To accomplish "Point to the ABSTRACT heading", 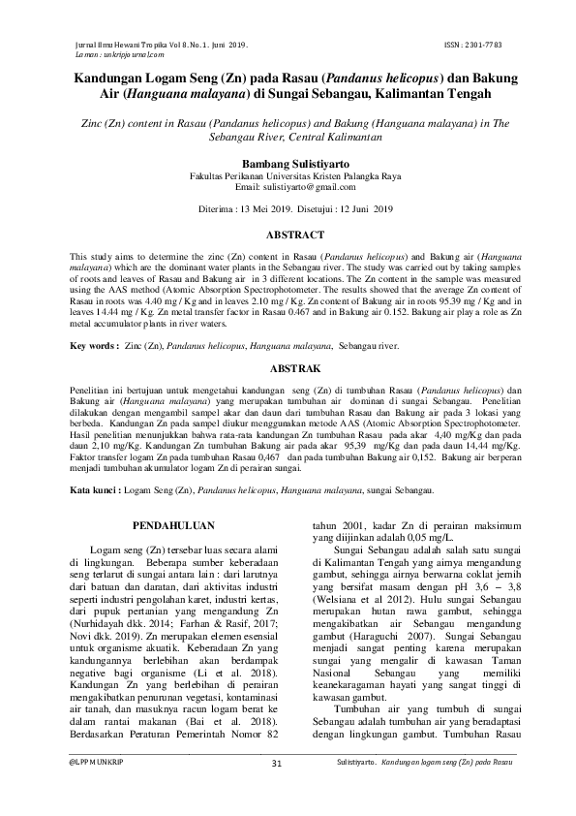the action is pos(288,235).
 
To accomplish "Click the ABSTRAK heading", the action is pos(288,369).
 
